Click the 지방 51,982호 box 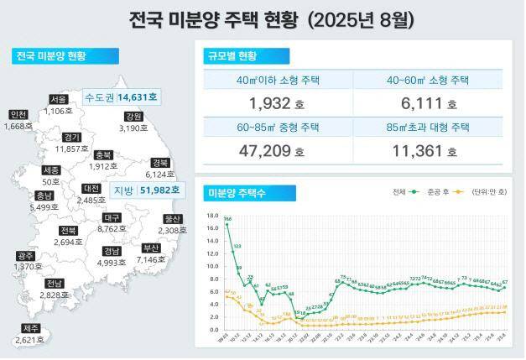[143, 191]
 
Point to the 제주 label [32, 328]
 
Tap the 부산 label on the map [151, 248]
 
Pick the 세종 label [50, 170]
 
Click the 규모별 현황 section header [232, 56]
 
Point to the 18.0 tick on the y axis [211, 214]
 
